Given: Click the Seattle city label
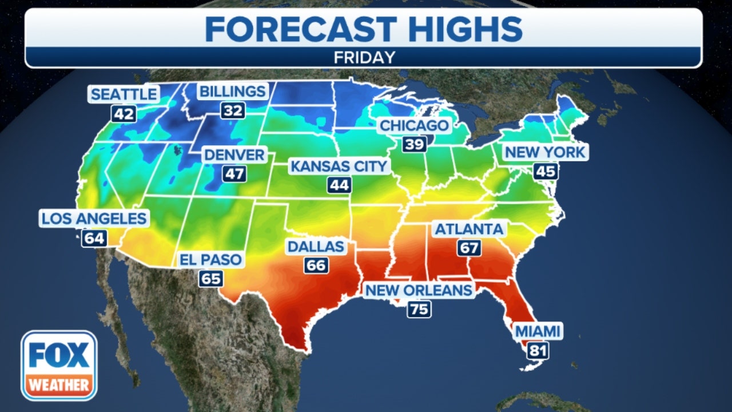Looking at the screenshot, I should [x=124, y=94].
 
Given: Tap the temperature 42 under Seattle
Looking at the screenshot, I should [x=124, y=114].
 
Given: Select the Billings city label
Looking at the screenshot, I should [x=232, y=92].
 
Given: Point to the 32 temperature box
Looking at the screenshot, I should [x=233, y=110].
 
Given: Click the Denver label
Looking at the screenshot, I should [x=234, y=154].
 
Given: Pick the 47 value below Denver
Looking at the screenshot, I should [x=234, y=174].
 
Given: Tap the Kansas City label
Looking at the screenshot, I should [x=339, y=167].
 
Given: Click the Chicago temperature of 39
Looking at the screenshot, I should [x=414, y=144].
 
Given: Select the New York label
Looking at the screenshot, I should [x=544, y=152].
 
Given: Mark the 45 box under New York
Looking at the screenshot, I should [x=545, y=171].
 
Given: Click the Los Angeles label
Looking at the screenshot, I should [x=94, y=218].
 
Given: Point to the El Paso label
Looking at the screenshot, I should [x=210, y=260].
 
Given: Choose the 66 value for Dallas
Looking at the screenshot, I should [x=316, y=266].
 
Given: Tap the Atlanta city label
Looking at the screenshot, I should [x=470, y=229].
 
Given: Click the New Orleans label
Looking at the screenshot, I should [x=419, y=290].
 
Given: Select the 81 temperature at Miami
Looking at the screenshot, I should [x=538, y=350].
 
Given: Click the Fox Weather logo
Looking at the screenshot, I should [x=59, y=366].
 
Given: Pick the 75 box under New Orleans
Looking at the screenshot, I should [x=419, y=310].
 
